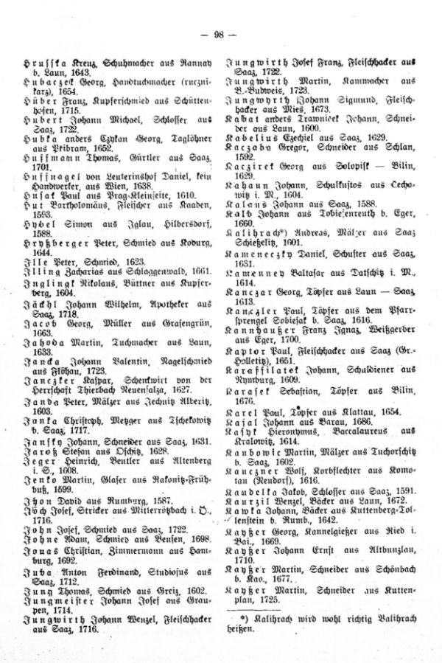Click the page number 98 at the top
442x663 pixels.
(220, 35)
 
